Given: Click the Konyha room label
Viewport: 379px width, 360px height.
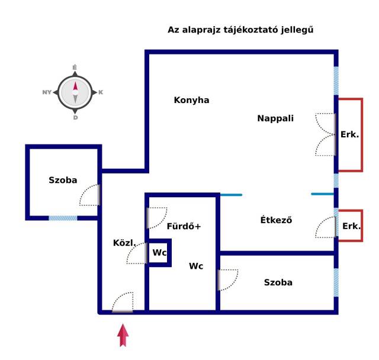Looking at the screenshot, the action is tap(191, 100).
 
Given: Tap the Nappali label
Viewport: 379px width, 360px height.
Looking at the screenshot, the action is tap(275, 118).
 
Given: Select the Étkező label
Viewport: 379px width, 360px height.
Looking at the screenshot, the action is tap(276, 220).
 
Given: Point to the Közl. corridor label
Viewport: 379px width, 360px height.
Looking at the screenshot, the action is tap(124, 243).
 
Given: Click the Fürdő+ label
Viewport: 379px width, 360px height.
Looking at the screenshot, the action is tap(184, 226).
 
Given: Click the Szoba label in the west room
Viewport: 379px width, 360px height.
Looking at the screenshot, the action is tap(63, 180).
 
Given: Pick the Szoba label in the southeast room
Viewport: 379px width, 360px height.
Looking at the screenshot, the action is tap(278, 282).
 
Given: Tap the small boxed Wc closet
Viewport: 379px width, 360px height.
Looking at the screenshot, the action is tap(159, 253).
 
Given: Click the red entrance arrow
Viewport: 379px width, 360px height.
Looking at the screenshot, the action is tap(123, 335).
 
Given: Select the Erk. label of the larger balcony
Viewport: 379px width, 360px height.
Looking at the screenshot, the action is tap(349, 134).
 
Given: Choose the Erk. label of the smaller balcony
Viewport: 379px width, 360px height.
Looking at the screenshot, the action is tap(351, 226).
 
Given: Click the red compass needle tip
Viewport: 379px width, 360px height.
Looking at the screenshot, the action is tap(75, 82).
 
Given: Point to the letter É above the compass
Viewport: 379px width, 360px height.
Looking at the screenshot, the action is tap(75, 67).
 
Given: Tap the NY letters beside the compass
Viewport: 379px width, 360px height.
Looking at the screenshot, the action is tap(47, 92).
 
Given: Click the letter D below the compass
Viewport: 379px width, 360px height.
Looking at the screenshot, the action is tap(75, 118).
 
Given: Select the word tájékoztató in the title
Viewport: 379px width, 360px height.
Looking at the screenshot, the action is tap(250, 30).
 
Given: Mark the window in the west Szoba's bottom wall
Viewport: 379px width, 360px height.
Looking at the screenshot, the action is tap(63, 218).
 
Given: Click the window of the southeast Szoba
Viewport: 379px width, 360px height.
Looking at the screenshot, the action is tap(336, 282).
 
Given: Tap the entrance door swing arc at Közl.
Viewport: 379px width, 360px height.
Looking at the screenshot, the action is tap(123, 302).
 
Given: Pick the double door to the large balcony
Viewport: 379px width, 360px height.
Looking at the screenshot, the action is tap(326, 134).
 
